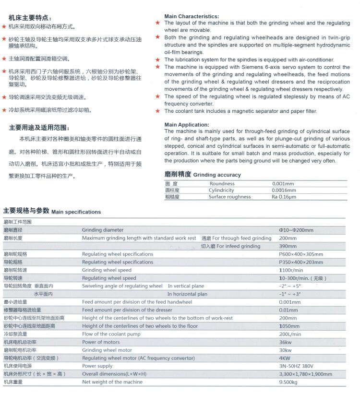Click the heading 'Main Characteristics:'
point(192,16)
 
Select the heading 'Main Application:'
point(187,125)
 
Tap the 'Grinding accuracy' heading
point(217,175)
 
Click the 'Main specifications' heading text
point(76,212)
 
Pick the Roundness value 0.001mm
point(283,184)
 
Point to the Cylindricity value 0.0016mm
point(284,191)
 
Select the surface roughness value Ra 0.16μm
point(283,197)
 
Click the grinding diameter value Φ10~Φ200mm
point(296,230)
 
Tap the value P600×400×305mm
point(301,254)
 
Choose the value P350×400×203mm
point(301,263)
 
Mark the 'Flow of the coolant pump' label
point(111,334)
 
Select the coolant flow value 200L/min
point(290,334)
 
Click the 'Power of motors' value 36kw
point(285,342)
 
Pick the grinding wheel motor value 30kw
point(285,350)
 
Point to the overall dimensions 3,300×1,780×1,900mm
point(304,374)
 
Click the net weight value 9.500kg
point(288,382)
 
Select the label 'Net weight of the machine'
point(112,382)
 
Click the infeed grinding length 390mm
point(288,246)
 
